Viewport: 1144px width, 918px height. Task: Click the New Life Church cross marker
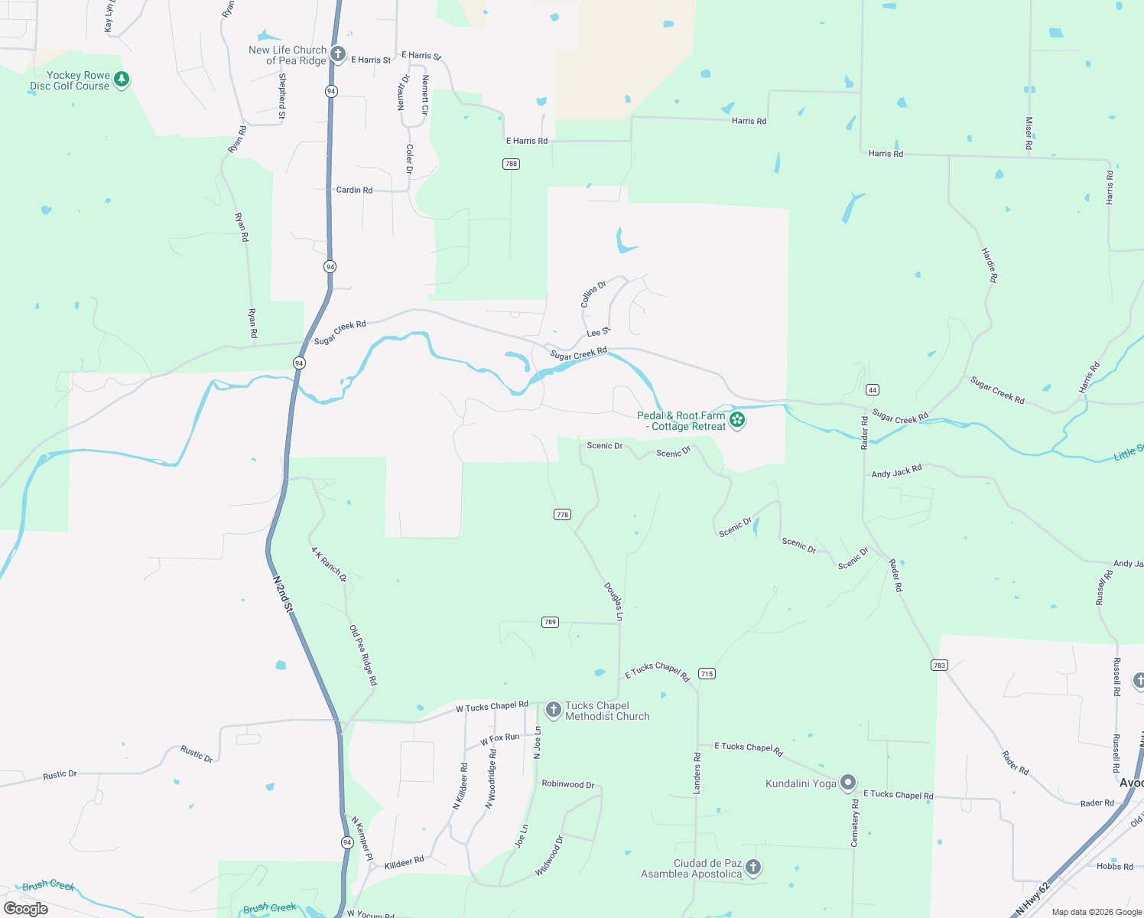pos(338,55)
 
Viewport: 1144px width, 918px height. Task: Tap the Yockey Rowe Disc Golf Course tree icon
pos(122,80)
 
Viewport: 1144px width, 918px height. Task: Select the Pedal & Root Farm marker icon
pos(737,420)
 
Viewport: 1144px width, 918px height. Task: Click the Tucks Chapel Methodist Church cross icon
pos(554,710)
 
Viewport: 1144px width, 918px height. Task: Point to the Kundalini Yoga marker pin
pos(847,783)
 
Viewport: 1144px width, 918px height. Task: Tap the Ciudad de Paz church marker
pos(753,867)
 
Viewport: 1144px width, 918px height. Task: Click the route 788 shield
pos(511,164)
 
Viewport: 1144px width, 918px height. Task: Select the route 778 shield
pos(562,515)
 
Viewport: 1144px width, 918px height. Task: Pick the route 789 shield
pos(550,622)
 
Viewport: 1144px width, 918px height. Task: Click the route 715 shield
pos(707,674)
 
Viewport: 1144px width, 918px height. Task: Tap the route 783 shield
pos(939,665)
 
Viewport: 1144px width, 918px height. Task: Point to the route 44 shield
pos(872,389)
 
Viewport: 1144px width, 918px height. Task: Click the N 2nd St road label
pos(283,594)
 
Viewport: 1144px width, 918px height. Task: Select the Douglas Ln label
pos(613,601)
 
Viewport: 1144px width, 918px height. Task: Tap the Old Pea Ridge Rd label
pos(363,655)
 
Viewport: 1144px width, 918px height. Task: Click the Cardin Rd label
pos(354,190)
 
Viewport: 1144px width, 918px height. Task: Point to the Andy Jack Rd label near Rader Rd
pos(896,471)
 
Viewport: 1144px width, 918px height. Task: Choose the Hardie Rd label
pos(990,265)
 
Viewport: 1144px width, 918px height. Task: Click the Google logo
pos(26,909)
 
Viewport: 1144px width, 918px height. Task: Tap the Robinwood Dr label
pos(567,784)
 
